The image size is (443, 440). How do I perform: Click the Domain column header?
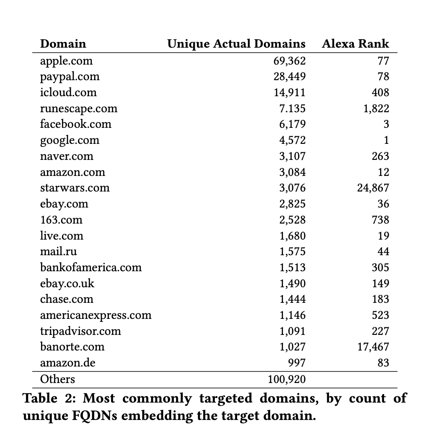click(x=63, y=44)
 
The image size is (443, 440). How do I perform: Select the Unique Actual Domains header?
click(x=236, y=44)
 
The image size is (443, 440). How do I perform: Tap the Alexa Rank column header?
click(x=355, y=44)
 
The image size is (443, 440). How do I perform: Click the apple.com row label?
click(x=66, y=61)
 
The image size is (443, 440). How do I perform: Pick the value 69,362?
click(x=289, y=61)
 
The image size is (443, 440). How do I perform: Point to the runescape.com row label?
click(x=78, y=109)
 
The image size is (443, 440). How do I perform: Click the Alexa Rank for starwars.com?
click(x=373, y=188)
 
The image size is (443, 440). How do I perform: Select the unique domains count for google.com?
click(x=292, y=140)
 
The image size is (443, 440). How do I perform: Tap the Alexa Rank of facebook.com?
click(x=386, y=124)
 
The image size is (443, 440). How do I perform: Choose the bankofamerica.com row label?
click(x=91, y=267)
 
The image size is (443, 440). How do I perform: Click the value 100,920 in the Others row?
click(x=287, y=379)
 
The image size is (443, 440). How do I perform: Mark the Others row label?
click(x=57, y=379)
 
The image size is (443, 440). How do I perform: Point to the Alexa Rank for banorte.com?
click(x=373, y=347)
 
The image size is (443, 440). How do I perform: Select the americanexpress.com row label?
click(x=96, y=315)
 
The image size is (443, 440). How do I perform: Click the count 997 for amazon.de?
click(x=296, y=363)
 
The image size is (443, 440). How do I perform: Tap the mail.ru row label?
click(x=58, y=252)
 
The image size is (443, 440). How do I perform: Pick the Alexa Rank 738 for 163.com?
click(x=380, y=220)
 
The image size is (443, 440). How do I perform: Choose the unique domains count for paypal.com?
click(x=289, y=77)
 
